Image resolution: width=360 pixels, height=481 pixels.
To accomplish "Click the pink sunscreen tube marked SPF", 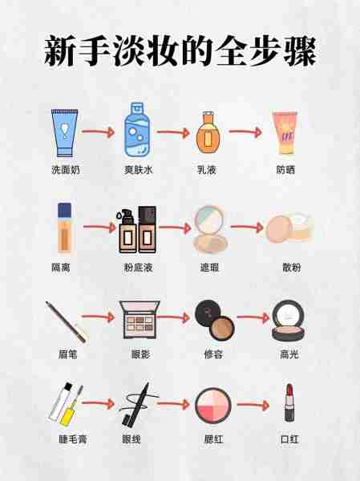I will (x=285, y=132).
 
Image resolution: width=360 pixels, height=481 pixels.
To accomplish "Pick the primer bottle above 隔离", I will (x=64, y=228).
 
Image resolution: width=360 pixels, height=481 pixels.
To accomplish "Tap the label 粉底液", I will (x=135, y=267).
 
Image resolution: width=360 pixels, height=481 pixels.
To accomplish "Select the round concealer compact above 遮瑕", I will (x=211, y=229).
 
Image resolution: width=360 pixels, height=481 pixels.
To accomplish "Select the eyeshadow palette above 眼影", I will (x=135, y=318).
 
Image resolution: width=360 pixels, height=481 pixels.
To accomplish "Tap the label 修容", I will (x=211, y=354).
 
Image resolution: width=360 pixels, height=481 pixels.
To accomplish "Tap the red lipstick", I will (x=289, y=405).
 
